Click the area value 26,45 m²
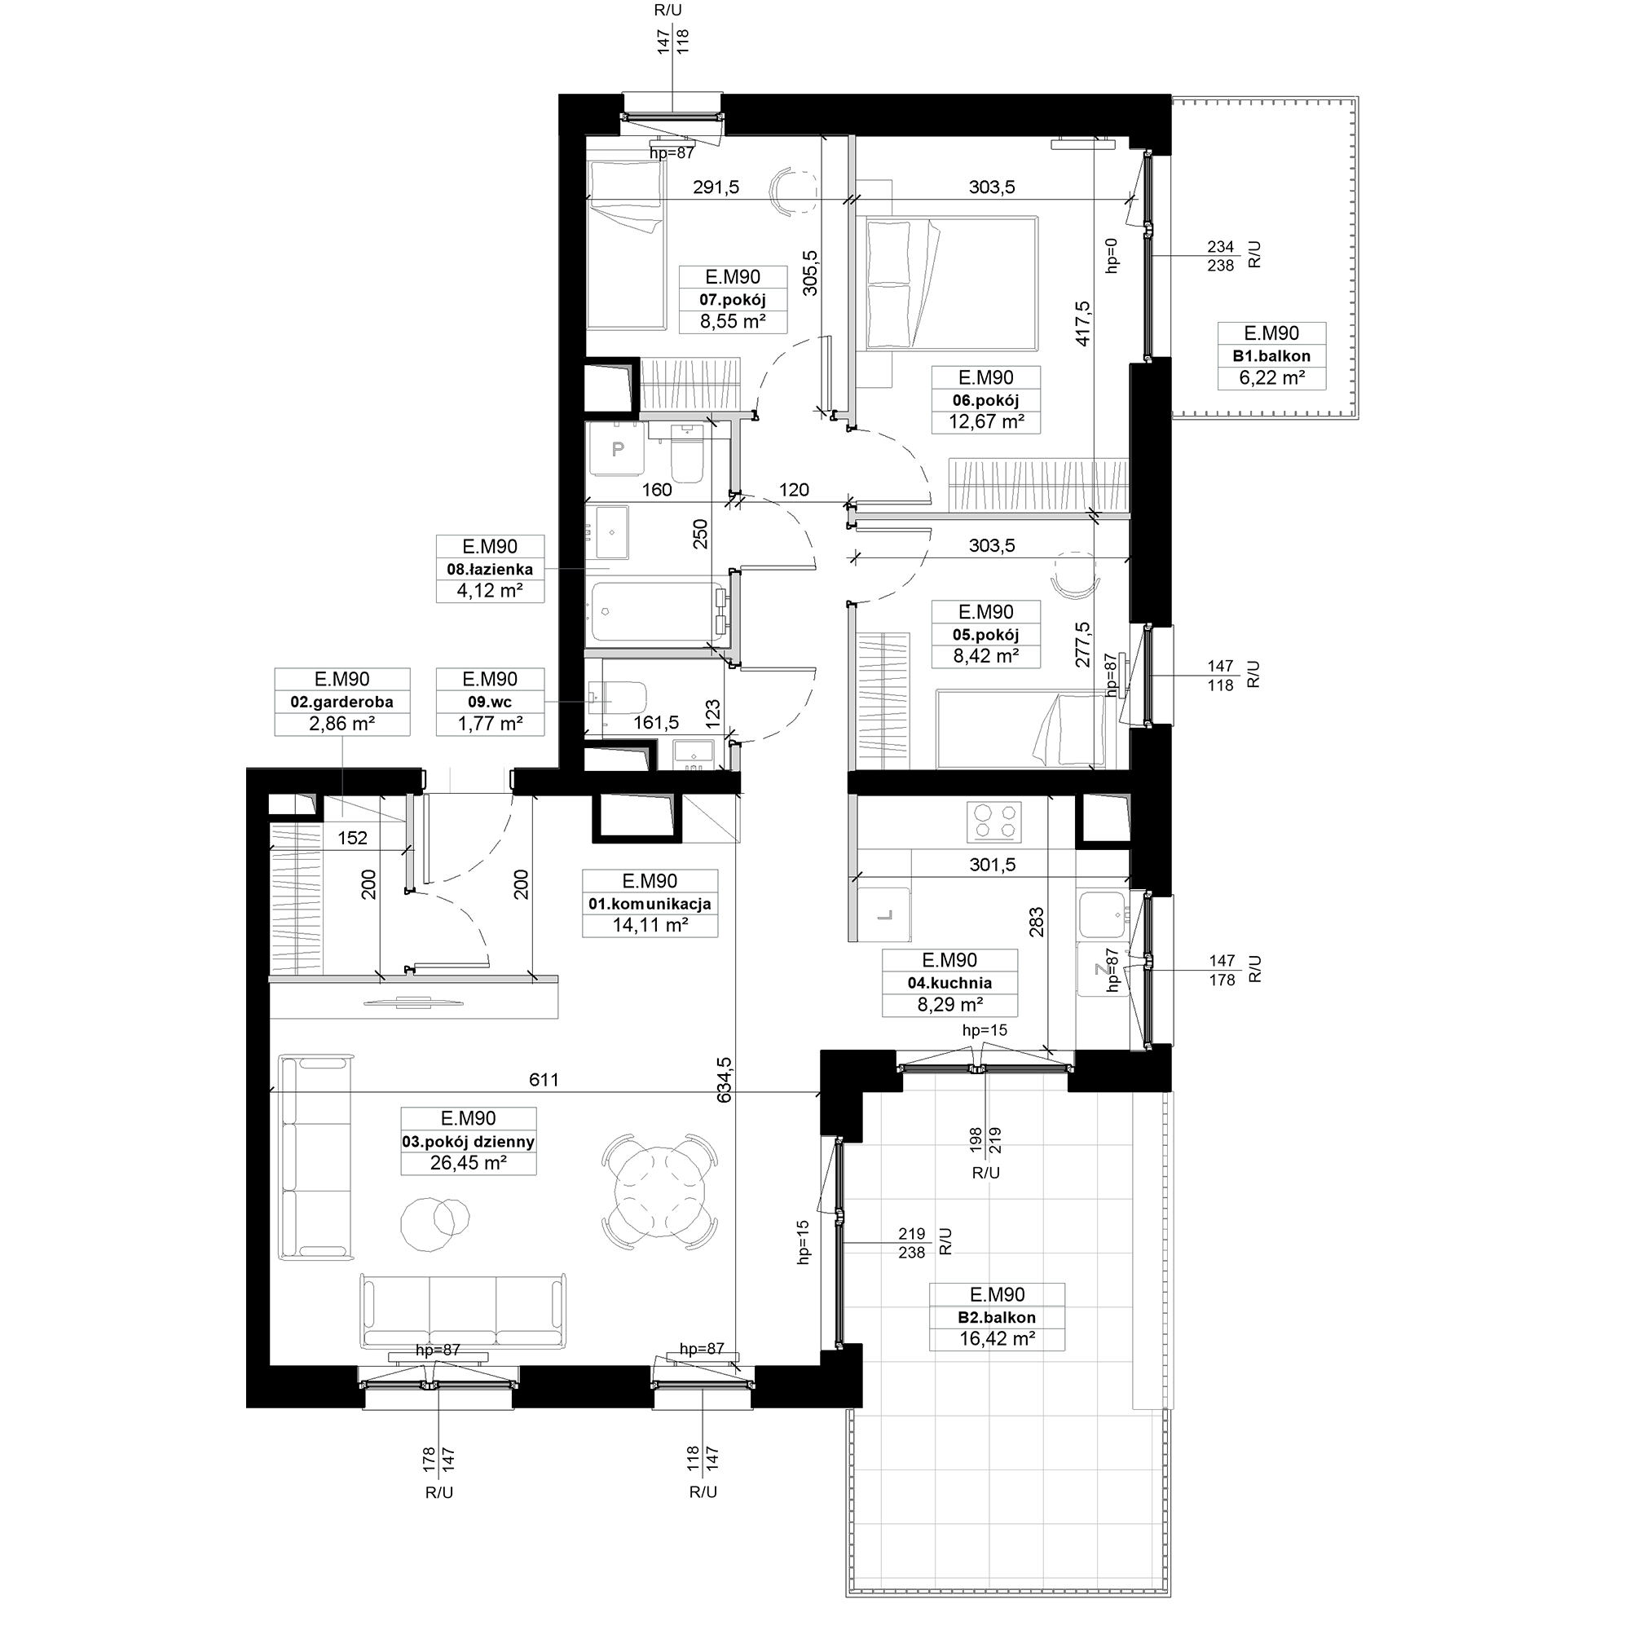click(x=469, y=1164)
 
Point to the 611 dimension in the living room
click(x=544, y=1080)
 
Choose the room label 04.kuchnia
click(x=949, y=983)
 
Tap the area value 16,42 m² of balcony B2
click(x=997, y=1338)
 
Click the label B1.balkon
click(x=1271, y=356)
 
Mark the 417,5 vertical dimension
click(x=1084, y=324)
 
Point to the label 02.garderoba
click(x=341, y=702)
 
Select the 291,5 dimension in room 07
click(x=716, y=187)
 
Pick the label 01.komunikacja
click(x=650, y=904)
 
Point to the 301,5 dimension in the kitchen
click(x=992, y=865)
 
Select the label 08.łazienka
click(x=489, y=570)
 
